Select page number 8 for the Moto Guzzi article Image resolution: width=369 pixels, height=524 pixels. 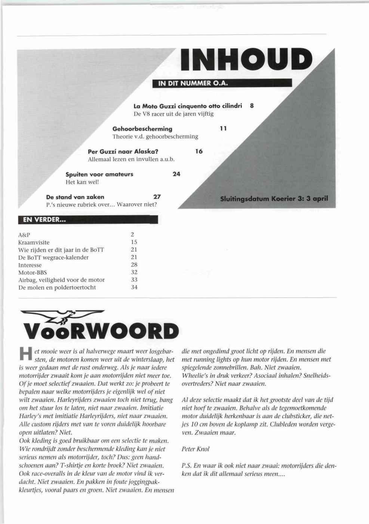click(252, 106)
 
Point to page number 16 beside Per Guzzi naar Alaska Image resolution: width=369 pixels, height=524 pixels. click(199, 151)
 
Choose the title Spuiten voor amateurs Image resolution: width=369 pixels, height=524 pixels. click(99, 174)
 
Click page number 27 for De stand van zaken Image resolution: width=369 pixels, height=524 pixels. click(157, 197)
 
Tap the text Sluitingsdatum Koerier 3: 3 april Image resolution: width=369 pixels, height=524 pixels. click(274, 198)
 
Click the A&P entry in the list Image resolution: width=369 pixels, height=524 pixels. click(24, 235)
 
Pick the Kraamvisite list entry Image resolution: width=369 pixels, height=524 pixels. click(34, 242)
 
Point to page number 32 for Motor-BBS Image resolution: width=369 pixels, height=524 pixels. click(134, 272)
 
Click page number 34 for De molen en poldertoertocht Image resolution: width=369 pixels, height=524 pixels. click(134, 287)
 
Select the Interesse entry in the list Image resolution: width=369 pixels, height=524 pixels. click(30, 265)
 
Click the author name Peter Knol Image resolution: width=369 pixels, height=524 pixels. click(195, 449)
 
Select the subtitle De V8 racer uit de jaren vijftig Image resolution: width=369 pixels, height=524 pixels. click(173, 114)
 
